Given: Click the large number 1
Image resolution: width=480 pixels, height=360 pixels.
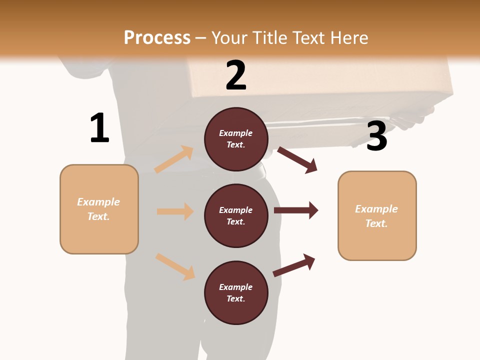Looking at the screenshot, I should pos(99,128).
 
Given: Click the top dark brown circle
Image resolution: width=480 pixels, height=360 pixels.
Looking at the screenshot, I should pos(236,139).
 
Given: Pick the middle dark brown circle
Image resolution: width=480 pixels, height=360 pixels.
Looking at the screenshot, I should pos(236,215).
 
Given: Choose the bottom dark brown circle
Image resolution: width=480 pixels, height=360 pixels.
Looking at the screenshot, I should pos(236,292).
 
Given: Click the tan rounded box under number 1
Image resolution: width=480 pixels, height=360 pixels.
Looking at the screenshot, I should pos(99,209).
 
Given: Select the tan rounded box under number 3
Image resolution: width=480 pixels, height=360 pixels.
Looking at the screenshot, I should pos(377,215).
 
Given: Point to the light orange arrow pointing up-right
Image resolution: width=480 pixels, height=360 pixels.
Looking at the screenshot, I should pos(174,159).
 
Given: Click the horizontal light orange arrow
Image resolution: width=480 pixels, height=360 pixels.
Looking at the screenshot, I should pos(175,211).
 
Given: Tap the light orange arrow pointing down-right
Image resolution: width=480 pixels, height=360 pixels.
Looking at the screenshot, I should pos(175,266).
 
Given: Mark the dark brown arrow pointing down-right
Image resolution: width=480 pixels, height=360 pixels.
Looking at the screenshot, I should pos(297,160).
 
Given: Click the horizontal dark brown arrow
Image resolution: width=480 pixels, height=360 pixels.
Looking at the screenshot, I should pos(296,210).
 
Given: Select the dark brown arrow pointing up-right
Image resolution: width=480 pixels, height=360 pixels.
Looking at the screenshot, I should pos(294,265).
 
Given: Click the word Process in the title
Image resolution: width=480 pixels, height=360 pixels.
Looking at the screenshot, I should pos(157,37).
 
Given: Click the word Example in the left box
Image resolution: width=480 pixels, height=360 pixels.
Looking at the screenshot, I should pos(98,202).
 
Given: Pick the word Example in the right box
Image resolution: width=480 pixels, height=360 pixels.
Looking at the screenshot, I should pos(376,209).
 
